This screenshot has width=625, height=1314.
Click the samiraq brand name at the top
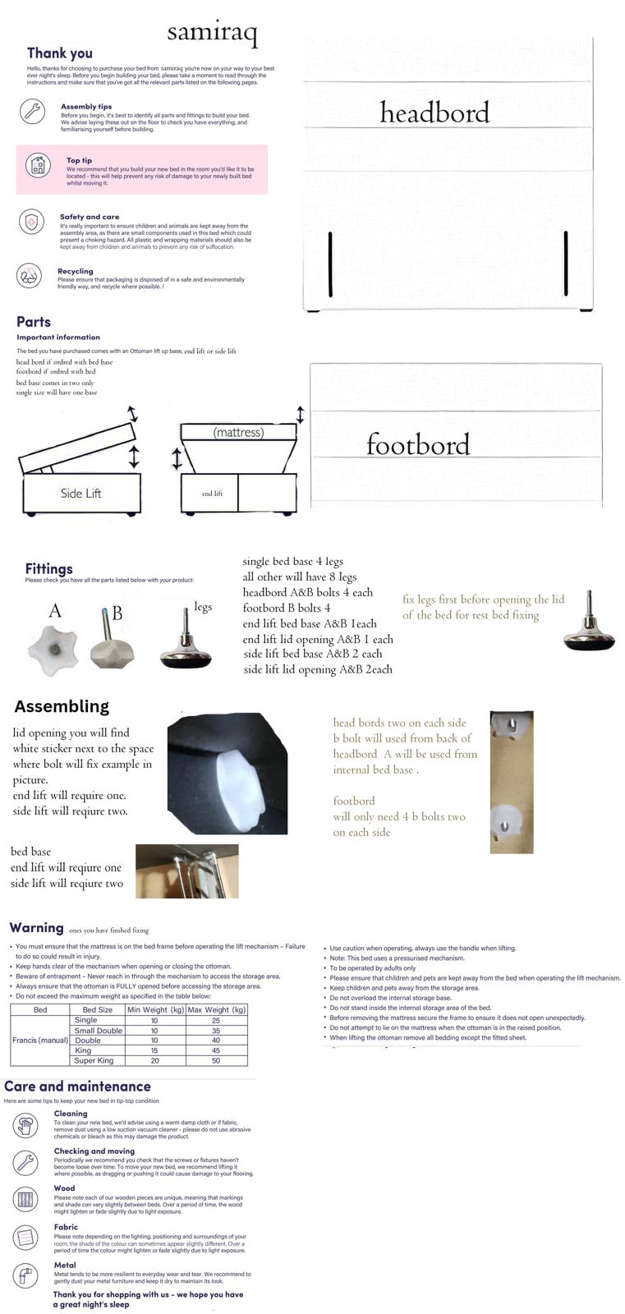[212, 33]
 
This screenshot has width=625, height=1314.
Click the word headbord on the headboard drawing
[434, 113]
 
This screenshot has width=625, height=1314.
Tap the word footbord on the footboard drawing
[418, 444]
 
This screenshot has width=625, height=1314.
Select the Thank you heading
[60, 53]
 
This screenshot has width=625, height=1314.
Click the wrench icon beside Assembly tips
[32, 111]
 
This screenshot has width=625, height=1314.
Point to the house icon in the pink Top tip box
[38, 165]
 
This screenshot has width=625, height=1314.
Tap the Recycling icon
[30, 276]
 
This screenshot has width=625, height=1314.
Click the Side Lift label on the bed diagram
[80, 493]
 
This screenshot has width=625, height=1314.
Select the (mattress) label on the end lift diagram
[238, 432]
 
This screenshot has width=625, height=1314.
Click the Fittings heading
[48, 568]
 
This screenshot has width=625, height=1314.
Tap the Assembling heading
[62, 706]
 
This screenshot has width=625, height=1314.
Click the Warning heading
[36, 927]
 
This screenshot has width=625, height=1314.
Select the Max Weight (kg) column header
[217, 1009]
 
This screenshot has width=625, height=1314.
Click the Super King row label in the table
[94, 1060]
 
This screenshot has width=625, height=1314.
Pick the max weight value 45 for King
[216, 1050]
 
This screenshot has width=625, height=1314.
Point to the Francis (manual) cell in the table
[39, 1040]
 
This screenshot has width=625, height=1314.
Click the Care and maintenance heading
[77, 1087]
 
